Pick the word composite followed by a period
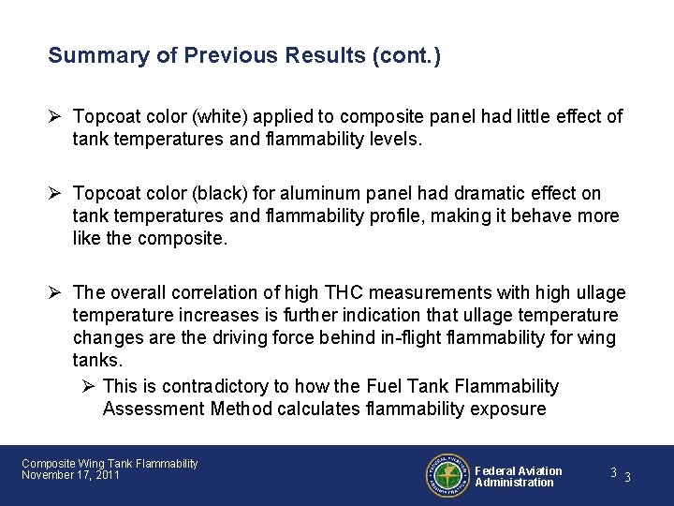click(x=182, y=238)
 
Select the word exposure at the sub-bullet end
click(x=512, y=409)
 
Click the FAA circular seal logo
click(x=447, y=476)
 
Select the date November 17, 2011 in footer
click(x=70, y=476)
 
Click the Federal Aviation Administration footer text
click(x=518, y=476)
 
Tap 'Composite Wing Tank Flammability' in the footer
click(x=110, y=464)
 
